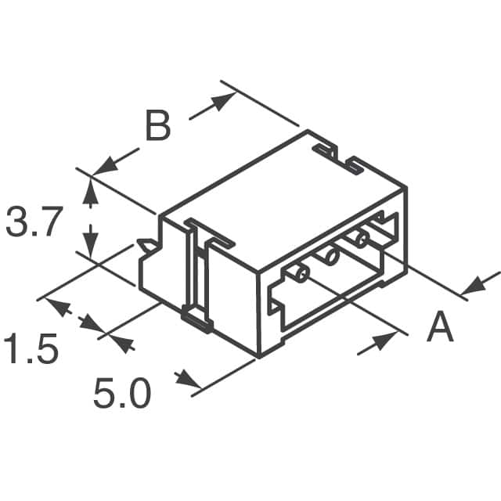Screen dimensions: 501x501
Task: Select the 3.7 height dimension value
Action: tap(33, 222)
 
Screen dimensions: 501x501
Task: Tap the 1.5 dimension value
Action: tap(31, 349)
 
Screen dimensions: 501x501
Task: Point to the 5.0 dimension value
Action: tap(121, 394)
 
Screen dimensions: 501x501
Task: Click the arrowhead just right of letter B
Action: tap(225, 101)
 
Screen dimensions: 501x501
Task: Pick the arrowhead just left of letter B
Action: tap(103, 166)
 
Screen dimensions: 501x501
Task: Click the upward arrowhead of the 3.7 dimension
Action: tap(92, 187)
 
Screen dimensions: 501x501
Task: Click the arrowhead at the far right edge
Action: tap(478, 287)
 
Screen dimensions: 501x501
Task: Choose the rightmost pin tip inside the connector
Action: tap(361, 236)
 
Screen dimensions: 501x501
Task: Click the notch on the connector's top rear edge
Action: tap(337, 156)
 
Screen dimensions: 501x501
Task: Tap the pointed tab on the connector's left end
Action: tap(146, 247)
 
